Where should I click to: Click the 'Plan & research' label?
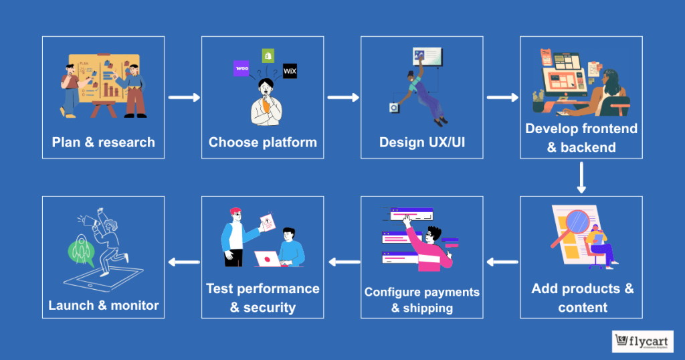point(103,142)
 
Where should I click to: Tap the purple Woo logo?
point(241,68)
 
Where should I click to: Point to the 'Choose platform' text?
point(262,142)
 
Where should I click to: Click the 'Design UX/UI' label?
point(421,142)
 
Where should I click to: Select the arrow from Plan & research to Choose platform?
point(183,98)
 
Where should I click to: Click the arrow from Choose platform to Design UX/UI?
point(342,98)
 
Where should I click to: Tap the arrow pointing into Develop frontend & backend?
point(502,98)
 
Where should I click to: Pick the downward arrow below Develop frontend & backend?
point(581,177)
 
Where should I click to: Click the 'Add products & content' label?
point(582,298)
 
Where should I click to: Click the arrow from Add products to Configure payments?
point(502,262)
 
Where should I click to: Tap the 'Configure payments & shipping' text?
point(421,300)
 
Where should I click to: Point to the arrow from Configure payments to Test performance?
point(342,262)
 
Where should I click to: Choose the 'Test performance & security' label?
point(262,298)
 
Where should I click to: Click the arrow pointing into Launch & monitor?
point(183,262)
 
